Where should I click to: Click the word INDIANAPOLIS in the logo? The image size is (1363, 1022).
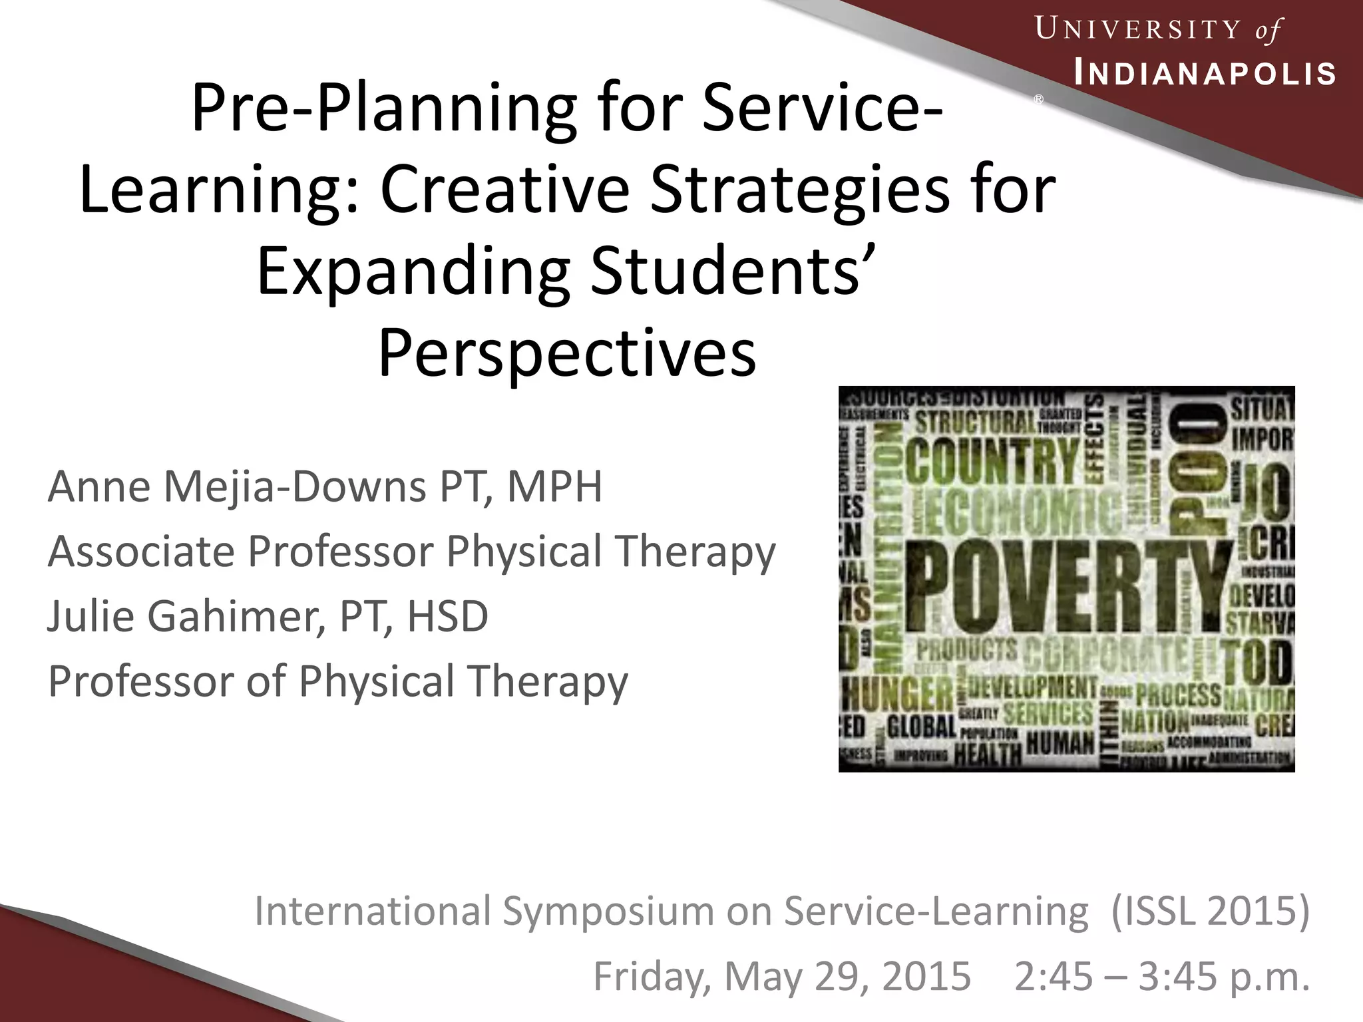pyautogui.click(x=1205, y=74)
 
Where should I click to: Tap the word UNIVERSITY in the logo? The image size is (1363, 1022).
pyautogui.click(x=1138, y=30)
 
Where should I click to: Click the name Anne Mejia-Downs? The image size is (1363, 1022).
pyautogui.click(x=236, y=487)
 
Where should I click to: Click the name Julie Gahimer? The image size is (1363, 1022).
pyautogui.click(x=186, y=616)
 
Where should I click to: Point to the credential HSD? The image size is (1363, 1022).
pyautogui.click(x=447, y=616)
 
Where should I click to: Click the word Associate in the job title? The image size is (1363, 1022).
pyautogui.click(x=141, y=552)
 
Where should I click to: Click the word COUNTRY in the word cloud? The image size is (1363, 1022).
pyautogui.click(x=992, y=459)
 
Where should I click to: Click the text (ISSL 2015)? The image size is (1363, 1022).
pyautogui.click(x=1210, y=911)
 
